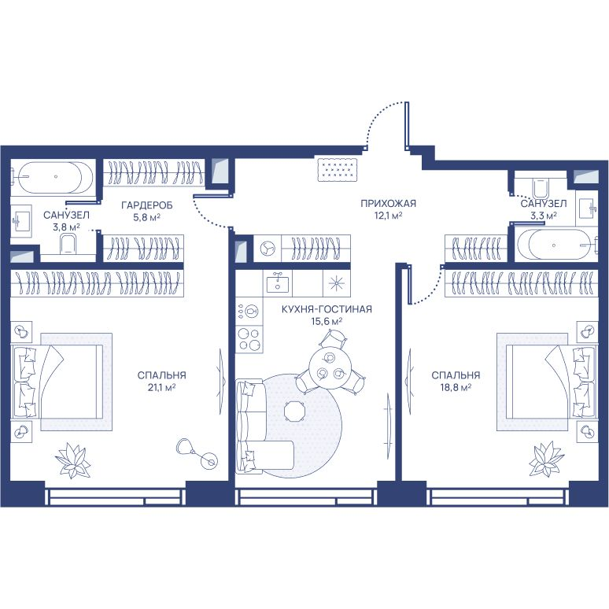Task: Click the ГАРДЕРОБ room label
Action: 147,205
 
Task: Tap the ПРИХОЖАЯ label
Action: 388,203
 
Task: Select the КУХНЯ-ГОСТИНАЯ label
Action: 327,309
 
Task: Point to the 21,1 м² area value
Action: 161,387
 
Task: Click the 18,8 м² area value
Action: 456,387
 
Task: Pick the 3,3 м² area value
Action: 544,215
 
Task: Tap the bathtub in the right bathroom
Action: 555,245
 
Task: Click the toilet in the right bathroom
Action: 541,188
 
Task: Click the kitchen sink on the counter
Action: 277,282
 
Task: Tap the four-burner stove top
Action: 249,339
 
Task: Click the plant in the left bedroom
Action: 72,460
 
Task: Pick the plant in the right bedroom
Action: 547,460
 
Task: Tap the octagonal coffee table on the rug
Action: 295,412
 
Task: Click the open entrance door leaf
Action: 406,125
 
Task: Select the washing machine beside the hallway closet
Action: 268,248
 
